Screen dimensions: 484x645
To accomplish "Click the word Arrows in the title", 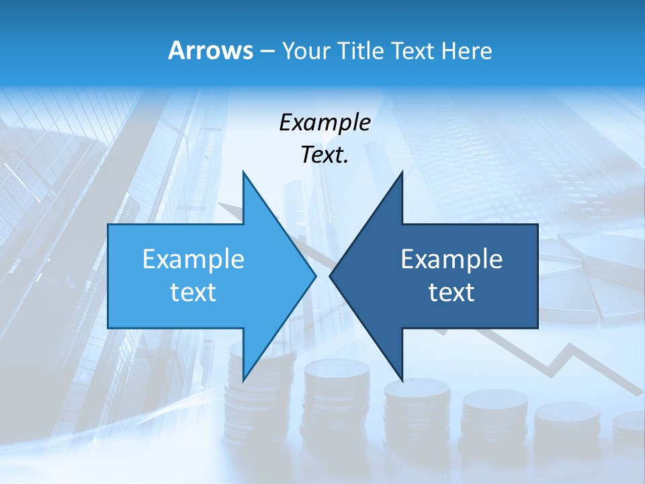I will click(211, 50).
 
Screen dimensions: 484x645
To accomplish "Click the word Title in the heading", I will click(361, 51).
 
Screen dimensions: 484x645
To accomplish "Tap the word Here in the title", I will click(466, 51).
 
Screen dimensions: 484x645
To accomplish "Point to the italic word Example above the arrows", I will click(325, 122).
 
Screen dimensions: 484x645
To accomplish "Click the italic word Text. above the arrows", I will click(325, 155).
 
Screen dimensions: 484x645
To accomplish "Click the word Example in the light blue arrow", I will click(193, 259).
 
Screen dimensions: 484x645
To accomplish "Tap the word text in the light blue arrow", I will click(193, 292).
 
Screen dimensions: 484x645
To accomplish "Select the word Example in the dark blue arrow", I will click(451, 259).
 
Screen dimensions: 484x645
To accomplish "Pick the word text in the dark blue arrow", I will click(451, 292).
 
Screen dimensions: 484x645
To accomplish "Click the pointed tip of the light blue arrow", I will click(314, 276).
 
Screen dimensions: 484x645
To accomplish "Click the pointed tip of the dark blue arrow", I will click(331, 276).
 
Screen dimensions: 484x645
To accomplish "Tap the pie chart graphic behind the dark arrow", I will click(591, 276).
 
